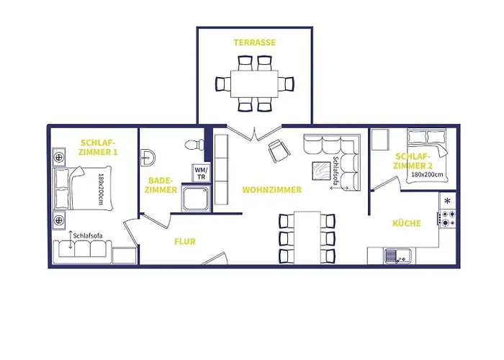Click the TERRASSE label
(255, 42)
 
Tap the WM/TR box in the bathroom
(201, 173)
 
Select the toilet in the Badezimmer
(194, 144)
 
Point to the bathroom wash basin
(148, 158)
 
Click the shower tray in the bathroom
(196, 198)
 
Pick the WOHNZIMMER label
(272, 190)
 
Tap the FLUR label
(185, 241)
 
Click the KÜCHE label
(407, 223)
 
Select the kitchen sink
(397, 256)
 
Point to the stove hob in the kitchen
(447, 218)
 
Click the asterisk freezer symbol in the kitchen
(447, 201)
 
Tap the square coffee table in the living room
(322, 171)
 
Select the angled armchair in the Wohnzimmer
(279, 150)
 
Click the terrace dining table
(254, 84)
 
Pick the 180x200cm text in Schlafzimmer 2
(427, 174)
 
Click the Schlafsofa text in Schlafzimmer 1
(88, 236)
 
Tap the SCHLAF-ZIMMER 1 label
(98, 147)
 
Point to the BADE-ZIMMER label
(161, 185)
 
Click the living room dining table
(307, 237)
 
